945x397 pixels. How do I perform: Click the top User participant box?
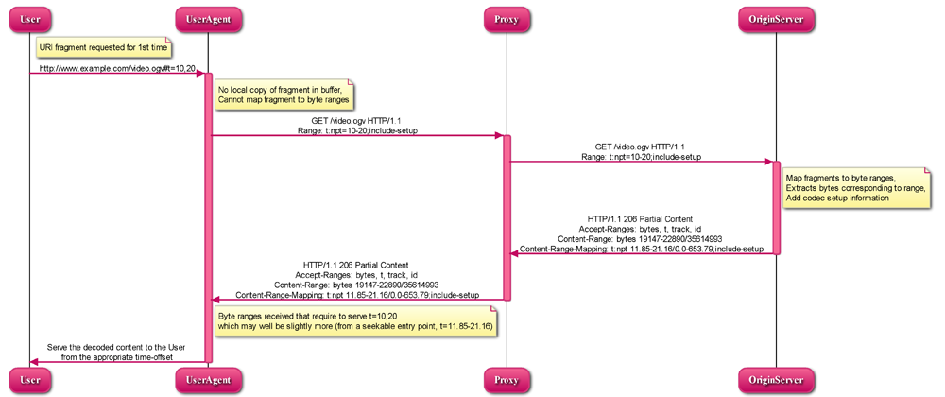[29, 18]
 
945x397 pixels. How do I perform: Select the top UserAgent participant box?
[209, 18]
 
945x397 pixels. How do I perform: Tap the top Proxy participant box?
[506, 18]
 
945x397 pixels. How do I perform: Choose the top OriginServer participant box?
[776, 18]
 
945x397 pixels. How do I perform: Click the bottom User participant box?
[29, 379]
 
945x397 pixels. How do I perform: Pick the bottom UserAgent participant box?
[209, 379]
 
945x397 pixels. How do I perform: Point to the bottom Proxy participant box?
[506, 379]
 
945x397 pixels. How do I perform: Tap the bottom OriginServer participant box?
[776, 379]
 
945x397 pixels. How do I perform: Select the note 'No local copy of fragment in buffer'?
[283, 94]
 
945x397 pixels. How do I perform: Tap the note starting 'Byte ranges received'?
[354, 319]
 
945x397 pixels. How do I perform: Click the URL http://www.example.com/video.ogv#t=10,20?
[117, 68]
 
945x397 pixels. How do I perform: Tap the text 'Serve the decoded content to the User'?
[115, 347]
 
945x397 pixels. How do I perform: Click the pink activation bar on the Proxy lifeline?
[507, 217]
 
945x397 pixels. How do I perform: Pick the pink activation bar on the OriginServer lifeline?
[777, 208]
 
